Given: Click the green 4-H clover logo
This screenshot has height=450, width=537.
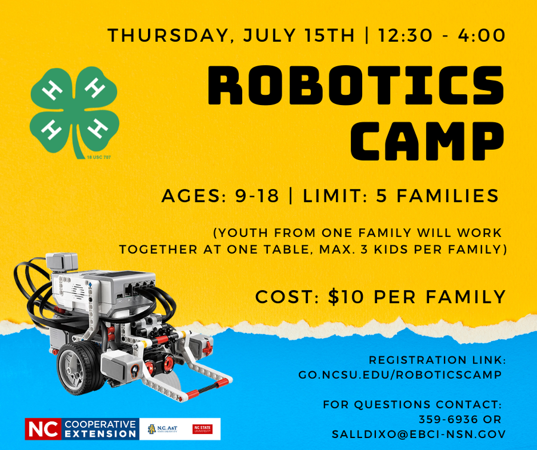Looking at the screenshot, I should pos(73,111).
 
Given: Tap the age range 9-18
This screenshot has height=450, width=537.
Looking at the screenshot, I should pos(257,196).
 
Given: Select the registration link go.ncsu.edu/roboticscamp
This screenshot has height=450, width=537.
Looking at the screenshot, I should pos(400,375).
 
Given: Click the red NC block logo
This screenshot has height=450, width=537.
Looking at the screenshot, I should pos(42,429).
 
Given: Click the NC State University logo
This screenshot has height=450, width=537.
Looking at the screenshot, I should pos(201,429).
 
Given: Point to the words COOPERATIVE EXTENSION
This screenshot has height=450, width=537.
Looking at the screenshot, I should pos(100,429).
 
